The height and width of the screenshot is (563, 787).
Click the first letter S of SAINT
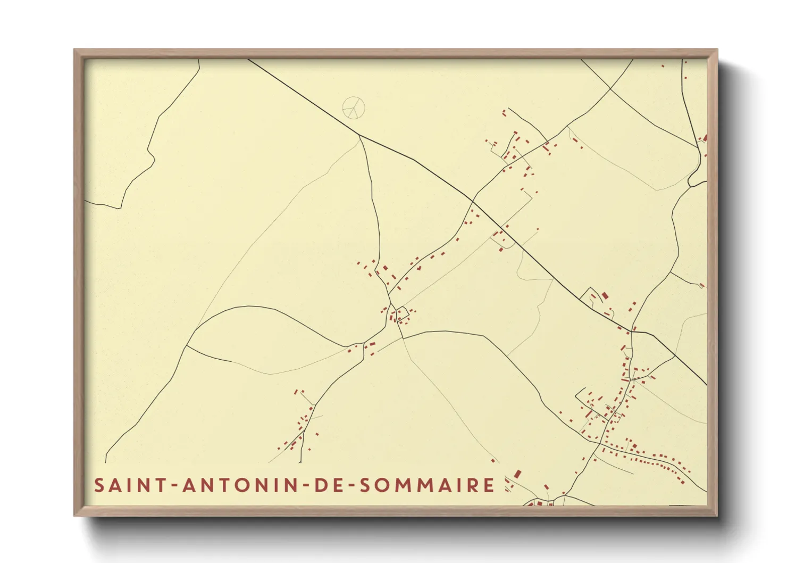pos(99,485)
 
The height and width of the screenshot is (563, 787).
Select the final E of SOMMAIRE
pos(489,485)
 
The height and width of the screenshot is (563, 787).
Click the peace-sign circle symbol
pos(354,107)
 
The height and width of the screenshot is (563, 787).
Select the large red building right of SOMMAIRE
pos(517,474)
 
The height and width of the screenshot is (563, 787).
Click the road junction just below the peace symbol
pos(359,136)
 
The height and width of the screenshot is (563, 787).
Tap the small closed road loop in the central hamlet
pos(403,313)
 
